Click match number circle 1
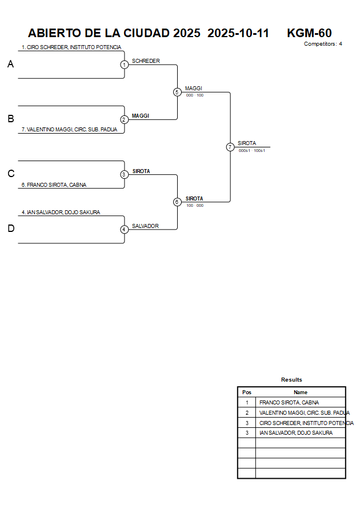(124, 65)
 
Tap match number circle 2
(124, 119)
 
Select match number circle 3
(124, 174)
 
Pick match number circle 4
(124, 229)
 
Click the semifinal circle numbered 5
(177, 92)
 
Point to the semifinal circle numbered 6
(177, 202)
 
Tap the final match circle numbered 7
(230, 147)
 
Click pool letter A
(10, 65)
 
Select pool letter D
(10, 229)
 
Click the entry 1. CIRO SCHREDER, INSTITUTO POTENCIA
(71, 47)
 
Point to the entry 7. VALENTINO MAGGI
(69, 130)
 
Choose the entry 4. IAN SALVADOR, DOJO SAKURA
(61, 213)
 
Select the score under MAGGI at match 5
(194, 95)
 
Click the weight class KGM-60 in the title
(309, 33)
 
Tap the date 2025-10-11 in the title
(238, 33)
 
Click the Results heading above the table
(291, 380)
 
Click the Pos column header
(247, 392)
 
